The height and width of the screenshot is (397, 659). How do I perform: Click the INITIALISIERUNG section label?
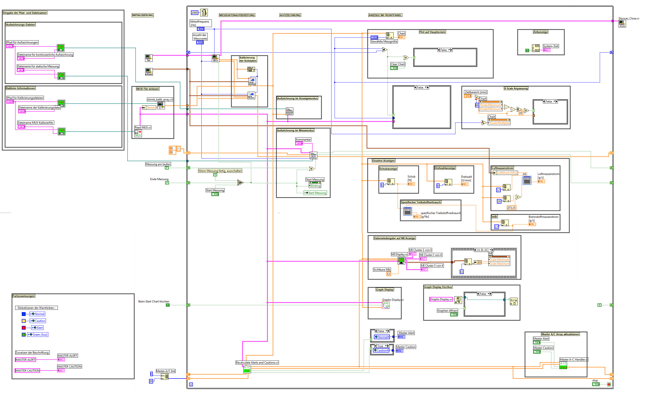point(143,15)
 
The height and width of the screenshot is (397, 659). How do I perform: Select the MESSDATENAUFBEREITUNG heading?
point(237,15)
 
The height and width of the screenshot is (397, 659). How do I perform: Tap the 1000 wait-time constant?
point(195,13)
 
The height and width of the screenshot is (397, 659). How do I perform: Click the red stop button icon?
point(609,384)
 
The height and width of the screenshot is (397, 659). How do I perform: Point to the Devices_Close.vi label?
point(628,18)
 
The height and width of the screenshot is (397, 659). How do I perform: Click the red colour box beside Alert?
point(23,328)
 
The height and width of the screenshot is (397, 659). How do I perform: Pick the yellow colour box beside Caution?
point(23,321)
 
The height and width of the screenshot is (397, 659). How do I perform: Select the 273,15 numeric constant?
point(511,208)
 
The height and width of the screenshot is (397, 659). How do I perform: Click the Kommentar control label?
point(303,140)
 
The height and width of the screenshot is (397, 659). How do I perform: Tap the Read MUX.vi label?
point(143,127)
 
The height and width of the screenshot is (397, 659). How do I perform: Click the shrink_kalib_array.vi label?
point(160,100)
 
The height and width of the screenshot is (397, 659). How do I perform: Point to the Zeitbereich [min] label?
point(476,92)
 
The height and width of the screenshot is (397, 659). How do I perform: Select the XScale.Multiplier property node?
point(499,123)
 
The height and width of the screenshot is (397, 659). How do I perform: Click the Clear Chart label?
point(397,64)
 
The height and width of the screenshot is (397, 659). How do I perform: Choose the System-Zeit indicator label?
point(551,46)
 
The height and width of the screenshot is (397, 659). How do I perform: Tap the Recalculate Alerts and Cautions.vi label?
point(257,362)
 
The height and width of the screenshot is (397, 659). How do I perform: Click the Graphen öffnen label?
point(447,310)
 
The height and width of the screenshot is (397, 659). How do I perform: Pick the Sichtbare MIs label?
point(382,270)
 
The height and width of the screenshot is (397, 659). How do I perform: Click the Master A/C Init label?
point(166,371)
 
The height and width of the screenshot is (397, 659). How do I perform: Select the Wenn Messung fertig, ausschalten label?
point(220,171)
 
